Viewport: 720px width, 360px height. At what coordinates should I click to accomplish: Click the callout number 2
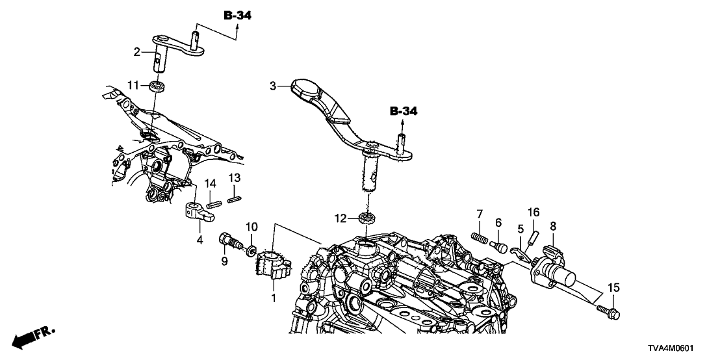pos(137,52)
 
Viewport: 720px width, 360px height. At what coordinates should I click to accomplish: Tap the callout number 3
pos(274,85)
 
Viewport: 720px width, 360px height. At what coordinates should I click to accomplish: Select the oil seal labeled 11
pos(155,85)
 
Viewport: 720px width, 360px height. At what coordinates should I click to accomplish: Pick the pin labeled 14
pos(211,204)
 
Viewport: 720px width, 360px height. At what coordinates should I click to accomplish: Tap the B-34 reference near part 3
pos(403,112)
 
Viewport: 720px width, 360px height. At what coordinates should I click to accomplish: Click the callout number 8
pos(553,227)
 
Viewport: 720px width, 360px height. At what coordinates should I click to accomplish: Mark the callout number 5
pos(521,229)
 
